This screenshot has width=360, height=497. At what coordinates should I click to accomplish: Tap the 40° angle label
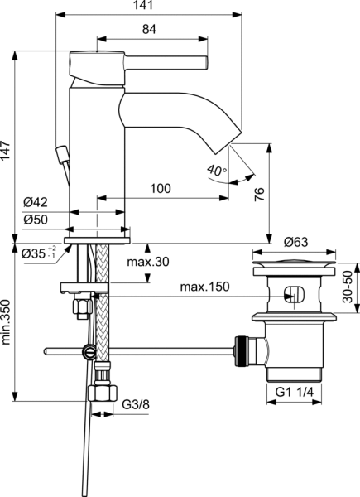click(217, 170)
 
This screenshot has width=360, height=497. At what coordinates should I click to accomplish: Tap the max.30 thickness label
click(149, 263)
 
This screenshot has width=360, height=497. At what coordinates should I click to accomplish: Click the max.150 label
click(204, 287)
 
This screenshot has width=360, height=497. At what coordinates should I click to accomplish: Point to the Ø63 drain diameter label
click(296, 243)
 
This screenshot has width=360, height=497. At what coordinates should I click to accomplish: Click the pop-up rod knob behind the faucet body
click(60, 154)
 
